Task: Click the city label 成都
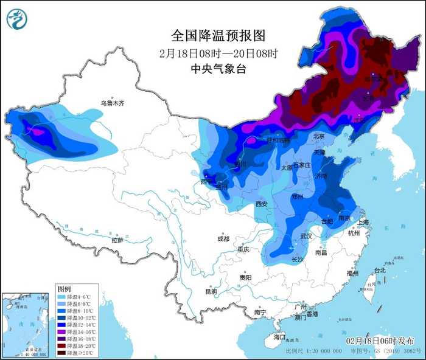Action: [223, 239]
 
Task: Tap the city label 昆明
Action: [211, 291]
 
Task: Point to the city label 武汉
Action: [306, 236]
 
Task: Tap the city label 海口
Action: [279, 336]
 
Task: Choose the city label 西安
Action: [262, 204]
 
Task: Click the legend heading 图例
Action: [64, 287]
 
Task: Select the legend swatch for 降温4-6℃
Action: [61, 296]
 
